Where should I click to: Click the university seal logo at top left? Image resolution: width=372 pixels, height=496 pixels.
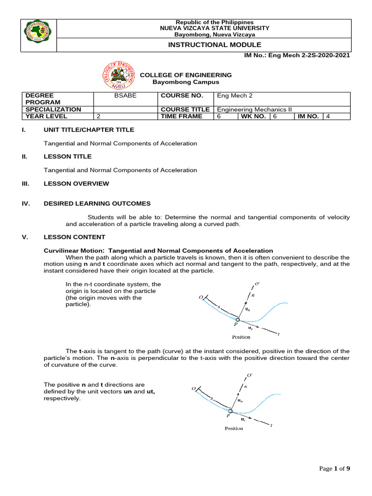(x=39, y=35)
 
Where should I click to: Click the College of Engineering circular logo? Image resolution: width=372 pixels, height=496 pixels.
(x=117, y=75)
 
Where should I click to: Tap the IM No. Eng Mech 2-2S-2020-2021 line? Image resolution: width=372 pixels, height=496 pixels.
(x=299, y=55)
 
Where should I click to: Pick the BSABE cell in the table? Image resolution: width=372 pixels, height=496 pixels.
(x=125, y=96)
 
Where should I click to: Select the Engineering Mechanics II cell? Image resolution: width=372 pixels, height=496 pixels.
(x=254, y=109)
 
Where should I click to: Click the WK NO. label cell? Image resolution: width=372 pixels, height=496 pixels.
(x=253, y=116)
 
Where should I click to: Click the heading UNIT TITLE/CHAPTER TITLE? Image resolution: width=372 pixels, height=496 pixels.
(x=89, y=130)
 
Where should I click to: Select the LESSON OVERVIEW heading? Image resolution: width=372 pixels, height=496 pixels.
(x=77, y=184)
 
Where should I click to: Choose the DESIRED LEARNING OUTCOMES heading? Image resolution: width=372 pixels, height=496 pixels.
(x=97, y=203)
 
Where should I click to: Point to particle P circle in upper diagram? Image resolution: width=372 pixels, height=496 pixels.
(x=237, y=320)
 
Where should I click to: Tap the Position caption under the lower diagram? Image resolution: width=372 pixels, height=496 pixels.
(x=234, y=429)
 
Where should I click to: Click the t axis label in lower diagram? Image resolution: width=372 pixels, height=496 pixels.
(x=271, y=426)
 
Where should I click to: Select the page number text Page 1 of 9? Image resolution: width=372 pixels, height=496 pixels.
(x=335, y=468)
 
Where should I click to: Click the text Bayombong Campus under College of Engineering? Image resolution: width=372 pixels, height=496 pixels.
(x=186, y=82)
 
